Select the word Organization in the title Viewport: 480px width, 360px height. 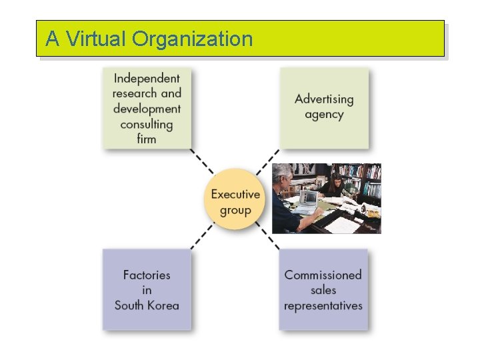[193, 39]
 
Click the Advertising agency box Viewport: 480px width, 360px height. [323, 107]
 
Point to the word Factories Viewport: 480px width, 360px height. [147, 275]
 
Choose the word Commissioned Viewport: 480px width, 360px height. [323, 275]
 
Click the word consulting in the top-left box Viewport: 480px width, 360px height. [147, 124]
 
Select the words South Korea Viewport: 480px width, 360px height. [147, 305]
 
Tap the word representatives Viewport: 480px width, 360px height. [323, 305]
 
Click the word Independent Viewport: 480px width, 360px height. [147, 78]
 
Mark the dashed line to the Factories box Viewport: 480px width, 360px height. [202, 237]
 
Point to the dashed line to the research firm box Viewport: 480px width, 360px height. [201, 162]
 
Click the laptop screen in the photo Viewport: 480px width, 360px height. [308, 197]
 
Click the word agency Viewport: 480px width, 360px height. [324, 115]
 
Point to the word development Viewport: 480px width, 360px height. [147, 109]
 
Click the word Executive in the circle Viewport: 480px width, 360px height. [235, 195]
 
